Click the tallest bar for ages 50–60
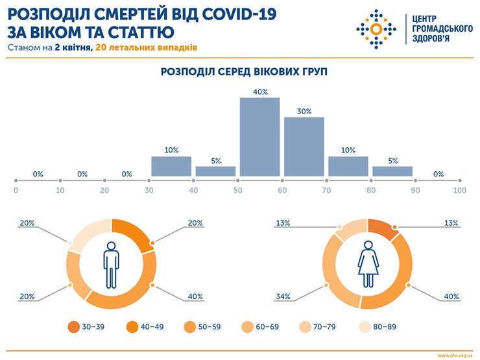[260, 137]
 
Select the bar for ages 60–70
[304, 147]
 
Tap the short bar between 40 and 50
[215, 171]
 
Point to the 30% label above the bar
[304, 111]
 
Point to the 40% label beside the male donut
[195, 296]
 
